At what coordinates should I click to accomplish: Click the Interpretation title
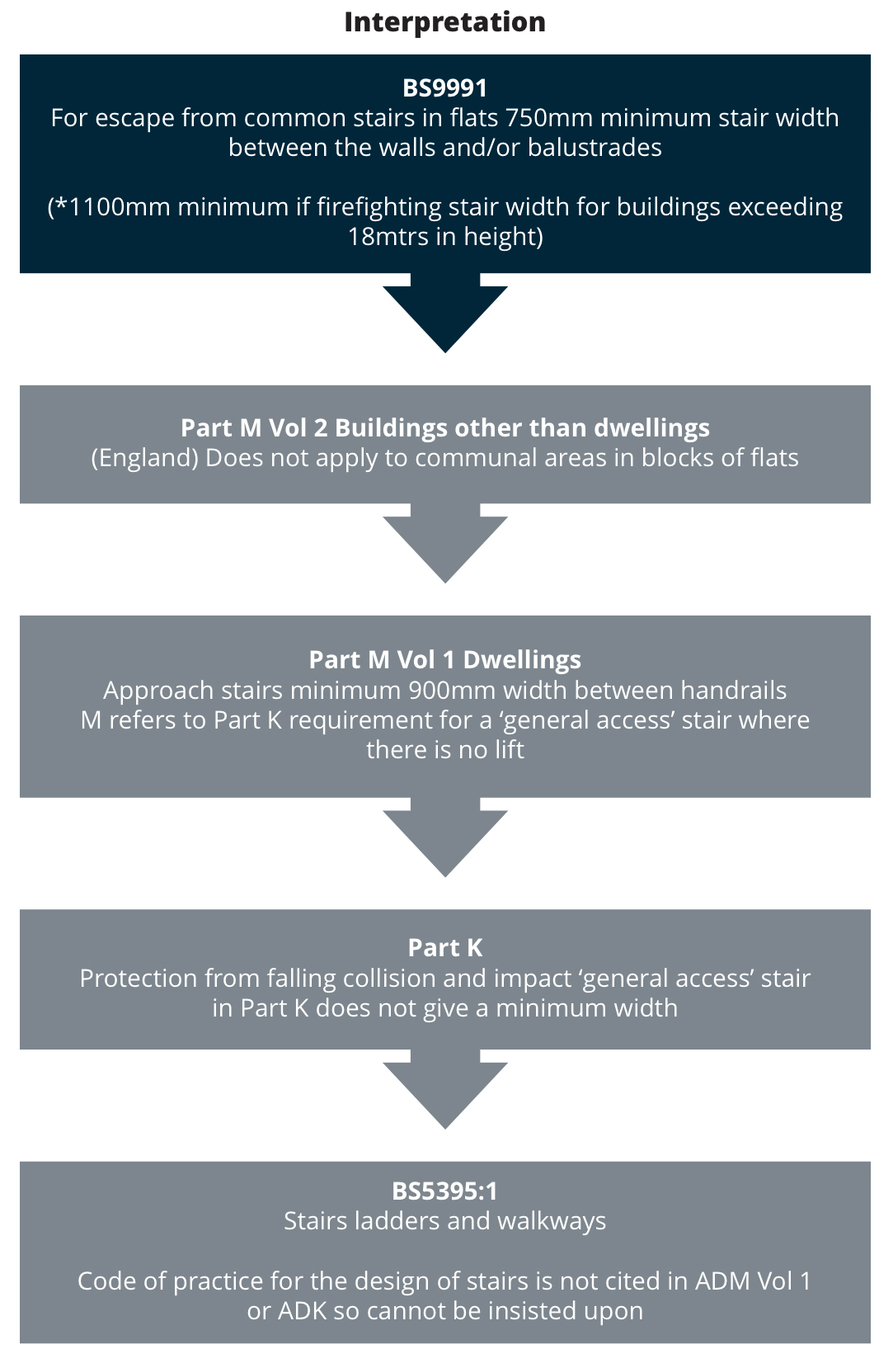444,22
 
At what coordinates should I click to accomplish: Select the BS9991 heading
444,87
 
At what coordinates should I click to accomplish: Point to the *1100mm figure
111,207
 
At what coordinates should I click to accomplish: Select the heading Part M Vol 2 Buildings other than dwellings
444,428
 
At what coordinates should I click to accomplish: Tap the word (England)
144,458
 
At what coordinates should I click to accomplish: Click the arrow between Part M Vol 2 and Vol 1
444,545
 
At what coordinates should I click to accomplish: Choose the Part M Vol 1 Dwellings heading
444,660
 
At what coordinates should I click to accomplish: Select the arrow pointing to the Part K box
444,839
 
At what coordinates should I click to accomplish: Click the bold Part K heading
444,948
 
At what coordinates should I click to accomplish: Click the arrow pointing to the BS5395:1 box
444,1091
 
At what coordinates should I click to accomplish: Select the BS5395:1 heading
444,1191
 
